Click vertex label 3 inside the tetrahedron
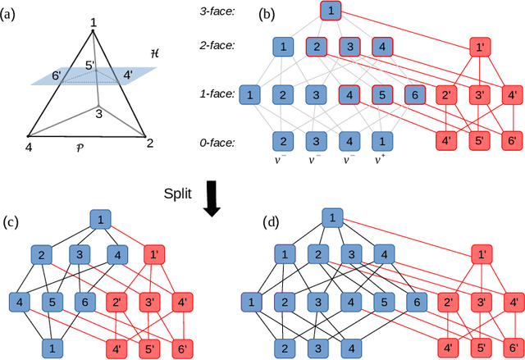(x=98, y=113)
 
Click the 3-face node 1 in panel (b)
(x=328, y=11)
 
